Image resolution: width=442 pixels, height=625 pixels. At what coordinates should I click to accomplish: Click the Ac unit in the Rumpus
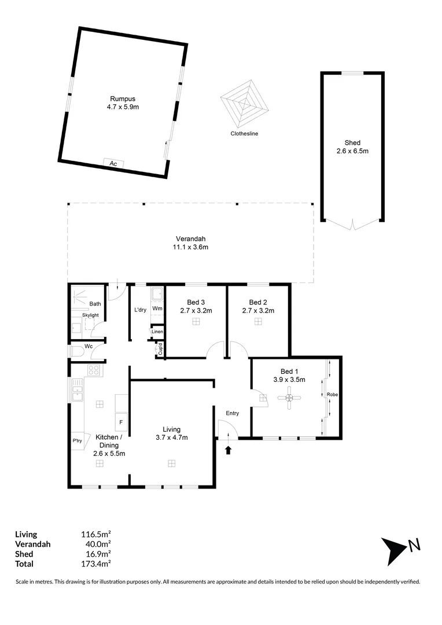[x=113, y=163]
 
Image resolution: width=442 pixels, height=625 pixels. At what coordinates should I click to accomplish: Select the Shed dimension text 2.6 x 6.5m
[x=352, y=151]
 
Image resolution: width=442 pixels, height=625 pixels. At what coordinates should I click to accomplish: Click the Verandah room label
[x=190, y=239]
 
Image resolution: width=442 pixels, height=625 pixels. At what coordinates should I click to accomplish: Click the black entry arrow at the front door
[x=228, y=450]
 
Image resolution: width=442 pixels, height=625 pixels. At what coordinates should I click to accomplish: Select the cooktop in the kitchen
[x=94, y=370]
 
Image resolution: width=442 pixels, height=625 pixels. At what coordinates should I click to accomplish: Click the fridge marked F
[x=121, y=422]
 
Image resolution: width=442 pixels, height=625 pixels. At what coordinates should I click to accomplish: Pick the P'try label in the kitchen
[x=78, y=440]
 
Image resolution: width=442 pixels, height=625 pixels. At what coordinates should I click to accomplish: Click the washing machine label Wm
[x=157, y=308]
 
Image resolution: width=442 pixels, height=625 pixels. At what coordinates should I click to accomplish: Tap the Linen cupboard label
[x=157, y=332]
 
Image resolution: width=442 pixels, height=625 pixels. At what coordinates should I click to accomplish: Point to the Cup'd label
[x=160, y=349]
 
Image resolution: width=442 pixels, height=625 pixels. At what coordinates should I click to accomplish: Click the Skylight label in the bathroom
[x=90, y=315]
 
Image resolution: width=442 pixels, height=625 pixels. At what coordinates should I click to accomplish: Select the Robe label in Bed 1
[x=332, y=395]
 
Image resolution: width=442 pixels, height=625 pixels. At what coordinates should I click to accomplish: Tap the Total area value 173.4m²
[x=95, y=564]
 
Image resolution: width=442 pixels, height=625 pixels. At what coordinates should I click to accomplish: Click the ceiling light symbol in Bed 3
[x=196, y=321]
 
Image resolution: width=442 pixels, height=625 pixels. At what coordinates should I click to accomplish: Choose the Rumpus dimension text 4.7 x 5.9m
[x=123, y=107]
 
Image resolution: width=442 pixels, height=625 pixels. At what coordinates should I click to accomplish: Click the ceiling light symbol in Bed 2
[x=258, y=321]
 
